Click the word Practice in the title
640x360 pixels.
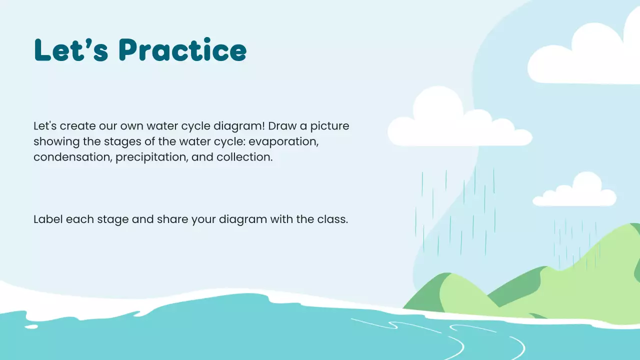coord(183,50)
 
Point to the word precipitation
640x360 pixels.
coord(152,157)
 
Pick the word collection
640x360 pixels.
coord(244,157)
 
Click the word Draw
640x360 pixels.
coord(283,126)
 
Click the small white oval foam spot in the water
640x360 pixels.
coord(31,326)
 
